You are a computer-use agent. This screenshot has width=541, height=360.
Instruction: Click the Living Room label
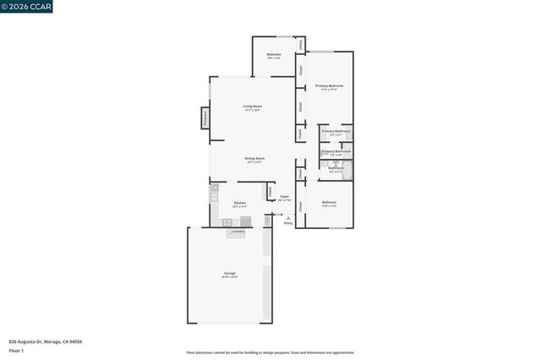point(252,106)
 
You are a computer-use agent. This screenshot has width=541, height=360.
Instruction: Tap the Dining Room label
point(254,158)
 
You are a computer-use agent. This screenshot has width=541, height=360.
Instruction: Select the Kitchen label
point(240,203)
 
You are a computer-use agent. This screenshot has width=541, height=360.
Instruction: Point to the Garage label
point(230,273)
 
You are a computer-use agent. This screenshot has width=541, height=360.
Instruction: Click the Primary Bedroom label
point(329,86)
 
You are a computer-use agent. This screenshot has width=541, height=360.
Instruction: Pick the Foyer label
point(284,197)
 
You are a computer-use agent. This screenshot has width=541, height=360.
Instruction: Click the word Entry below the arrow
point(287,223)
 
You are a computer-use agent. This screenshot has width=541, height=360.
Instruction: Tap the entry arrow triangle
point(287,216)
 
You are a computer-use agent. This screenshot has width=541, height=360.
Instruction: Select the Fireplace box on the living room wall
point(205,118)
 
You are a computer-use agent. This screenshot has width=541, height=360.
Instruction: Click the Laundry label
point(238,231)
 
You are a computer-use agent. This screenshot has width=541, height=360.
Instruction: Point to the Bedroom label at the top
point(274,55)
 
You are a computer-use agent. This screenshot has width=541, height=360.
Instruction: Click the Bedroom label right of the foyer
point(329,203)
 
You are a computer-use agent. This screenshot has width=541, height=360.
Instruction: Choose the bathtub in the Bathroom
point(347,169)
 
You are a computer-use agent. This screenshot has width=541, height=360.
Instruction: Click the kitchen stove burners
point(227,222)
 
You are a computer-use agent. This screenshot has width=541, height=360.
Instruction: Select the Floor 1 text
point(16,350)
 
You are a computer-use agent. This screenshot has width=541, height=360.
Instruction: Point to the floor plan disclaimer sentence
point(270,352)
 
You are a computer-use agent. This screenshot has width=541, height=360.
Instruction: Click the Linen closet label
point(300,43)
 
